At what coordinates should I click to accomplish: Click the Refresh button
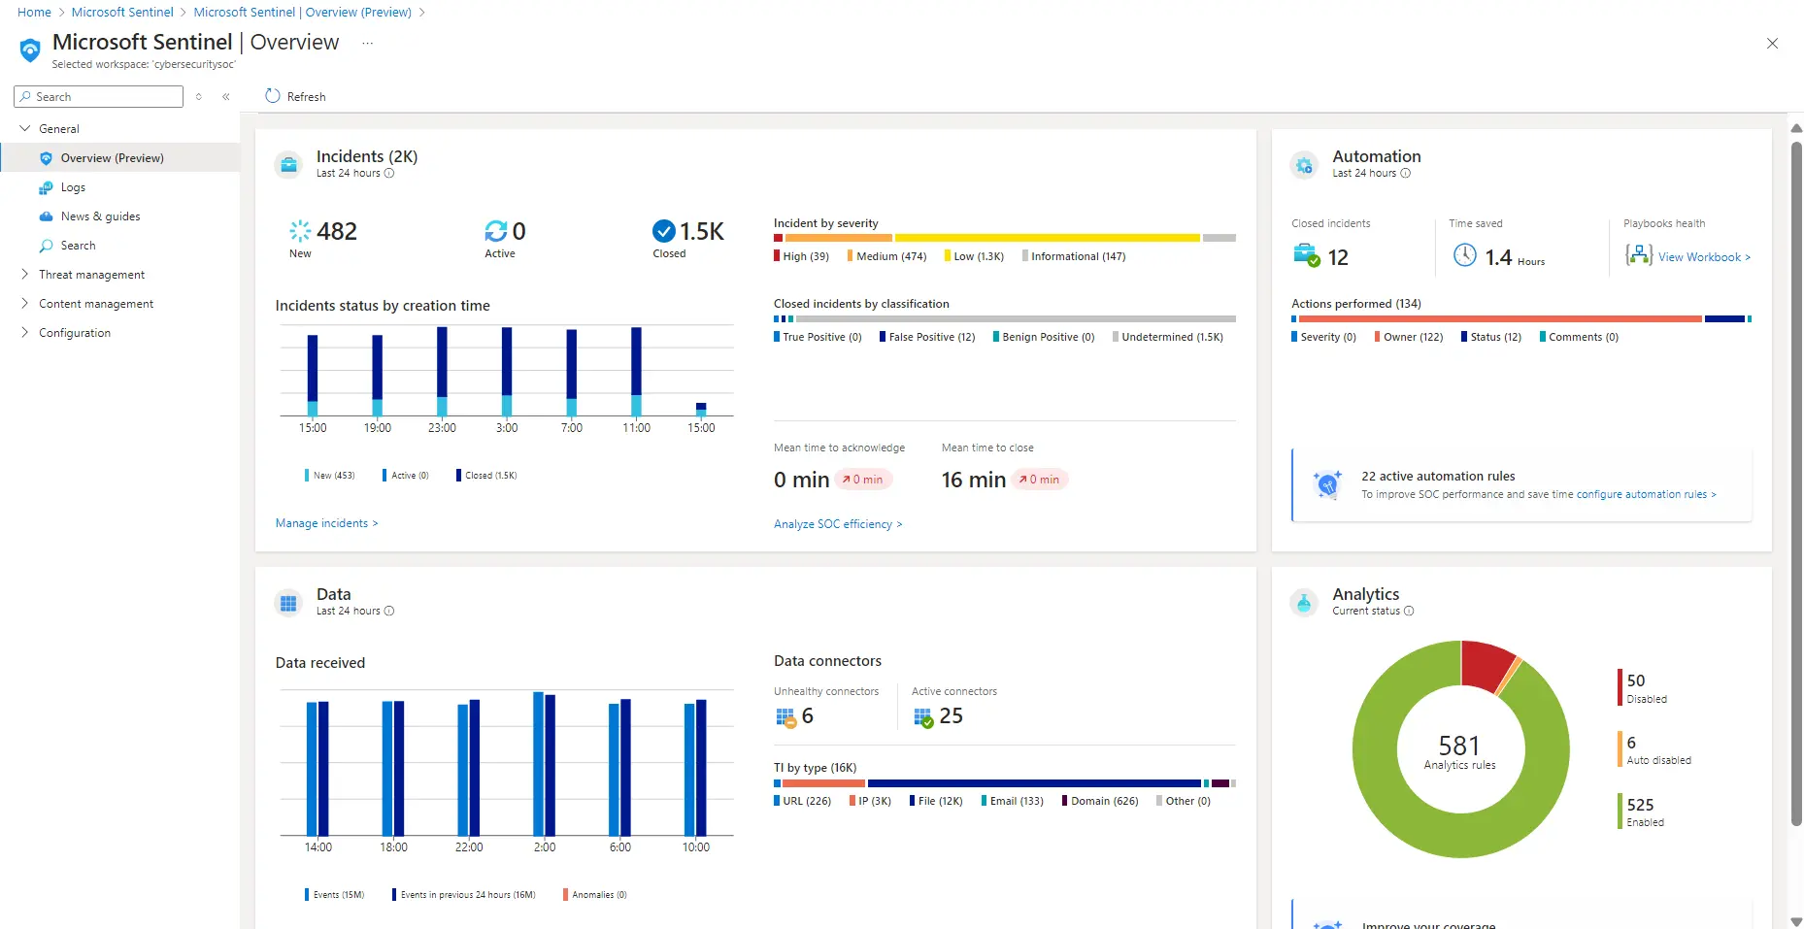[295, 96]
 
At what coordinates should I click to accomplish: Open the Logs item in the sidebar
[73, 187]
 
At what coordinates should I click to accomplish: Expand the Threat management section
[91, 275]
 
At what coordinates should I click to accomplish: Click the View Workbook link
[1703, 257]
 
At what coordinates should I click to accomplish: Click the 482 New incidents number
[336, 231]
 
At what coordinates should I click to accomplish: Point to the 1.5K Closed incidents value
[701, 231]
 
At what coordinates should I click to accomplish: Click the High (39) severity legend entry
[805, 256]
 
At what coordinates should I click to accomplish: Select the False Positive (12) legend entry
[931, 337]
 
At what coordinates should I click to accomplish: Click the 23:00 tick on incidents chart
[442, 427]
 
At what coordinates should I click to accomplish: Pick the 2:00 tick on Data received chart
[545, 846]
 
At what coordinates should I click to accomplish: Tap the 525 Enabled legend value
[1640, 805]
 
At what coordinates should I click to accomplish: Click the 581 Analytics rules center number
[1458, 746]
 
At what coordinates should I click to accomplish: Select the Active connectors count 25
[951, 715]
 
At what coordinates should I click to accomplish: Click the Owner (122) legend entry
[1413, 337]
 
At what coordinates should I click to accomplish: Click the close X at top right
[1772, 43]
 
